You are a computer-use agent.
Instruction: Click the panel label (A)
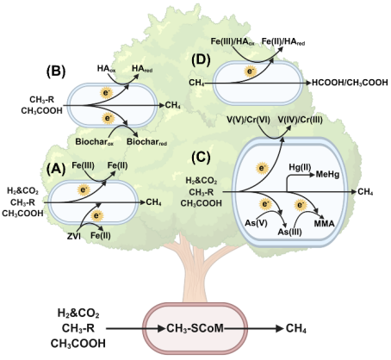[x=56, y=170]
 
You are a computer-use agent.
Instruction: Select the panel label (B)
[x=56, y=71]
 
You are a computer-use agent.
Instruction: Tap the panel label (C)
[x=202, y=157]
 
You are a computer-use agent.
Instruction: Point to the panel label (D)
[x=202, y=60]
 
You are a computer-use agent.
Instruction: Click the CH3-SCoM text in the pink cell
[x=195, y=328]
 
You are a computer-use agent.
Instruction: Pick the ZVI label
[x=74, y=236]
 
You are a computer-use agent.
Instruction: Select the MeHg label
[x=327, y=174]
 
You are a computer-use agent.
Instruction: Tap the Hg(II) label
[x=300, y=167]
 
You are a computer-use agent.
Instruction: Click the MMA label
[x=325, y=224]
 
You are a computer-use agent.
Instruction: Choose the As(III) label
[x=289, y=232]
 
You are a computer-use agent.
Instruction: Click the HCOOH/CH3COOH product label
[x=350, y=83]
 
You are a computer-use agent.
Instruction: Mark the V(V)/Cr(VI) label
[x=248, y=120]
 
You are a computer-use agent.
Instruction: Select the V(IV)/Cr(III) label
[x=300, y=120]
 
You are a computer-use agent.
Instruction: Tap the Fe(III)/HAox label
[x=233, y=41]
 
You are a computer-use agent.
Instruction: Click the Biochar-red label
[x=146, y=142]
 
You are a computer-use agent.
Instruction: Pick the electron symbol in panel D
[x=251, y=71]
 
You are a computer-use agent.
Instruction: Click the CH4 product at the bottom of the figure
[x=296, y=329]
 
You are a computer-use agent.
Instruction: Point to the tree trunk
[x=195, y=273]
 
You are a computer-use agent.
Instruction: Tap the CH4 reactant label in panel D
[x=196, y=84]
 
